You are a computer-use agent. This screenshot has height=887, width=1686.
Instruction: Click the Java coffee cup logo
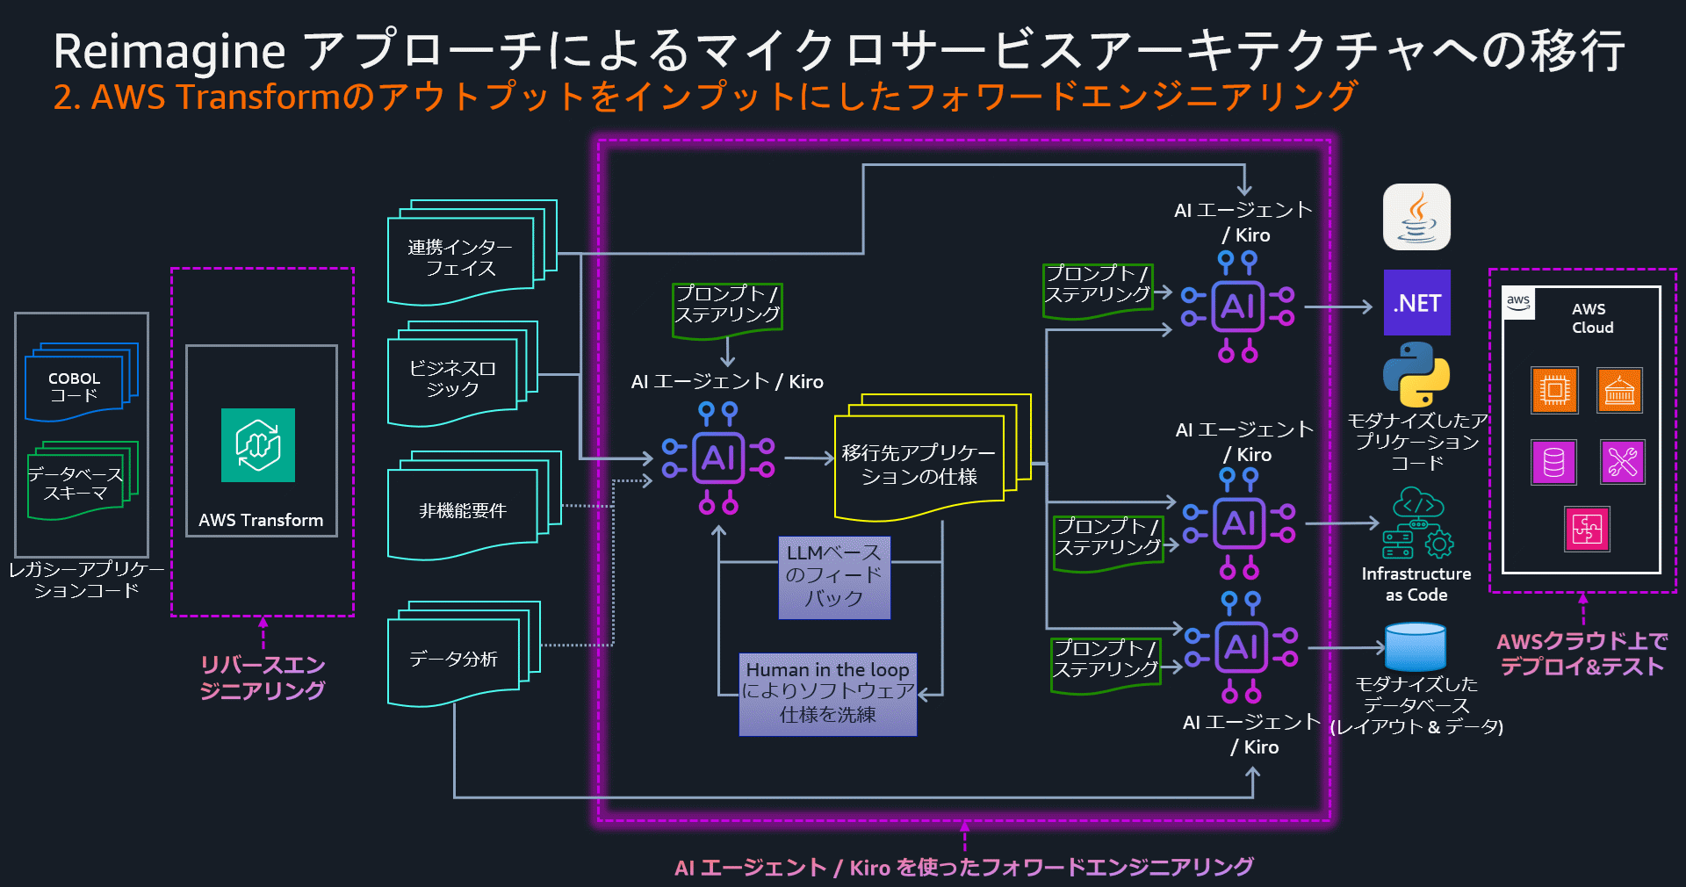(1416, 217)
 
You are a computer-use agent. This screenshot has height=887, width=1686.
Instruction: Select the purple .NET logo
(1416, 303)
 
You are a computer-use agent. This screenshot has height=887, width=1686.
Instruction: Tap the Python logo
(1416, 374)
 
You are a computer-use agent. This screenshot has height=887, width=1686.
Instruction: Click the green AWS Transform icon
(257, 445)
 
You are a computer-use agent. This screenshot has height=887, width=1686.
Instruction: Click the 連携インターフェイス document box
(461, 257)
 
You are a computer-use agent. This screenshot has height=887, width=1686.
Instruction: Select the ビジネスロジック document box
(453, 379)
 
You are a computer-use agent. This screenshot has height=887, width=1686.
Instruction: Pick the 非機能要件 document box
(463, 510)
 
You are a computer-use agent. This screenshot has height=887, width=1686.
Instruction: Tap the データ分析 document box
(454, 659)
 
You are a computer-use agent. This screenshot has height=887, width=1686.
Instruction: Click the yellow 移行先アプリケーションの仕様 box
(919, 465)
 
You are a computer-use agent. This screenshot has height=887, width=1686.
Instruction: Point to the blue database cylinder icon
(1415, 647)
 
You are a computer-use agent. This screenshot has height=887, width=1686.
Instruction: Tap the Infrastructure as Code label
(1416, 584)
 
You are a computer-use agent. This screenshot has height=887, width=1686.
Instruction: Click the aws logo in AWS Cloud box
(1518, 303)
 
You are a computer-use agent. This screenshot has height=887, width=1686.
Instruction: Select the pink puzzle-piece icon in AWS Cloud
(1587, 529)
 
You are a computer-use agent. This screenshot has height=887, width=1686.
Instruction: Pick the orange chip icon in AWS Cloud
(1554, 390)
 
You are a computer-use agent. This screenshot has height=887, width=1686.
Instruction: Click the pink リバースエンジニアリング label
(263, 677)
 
